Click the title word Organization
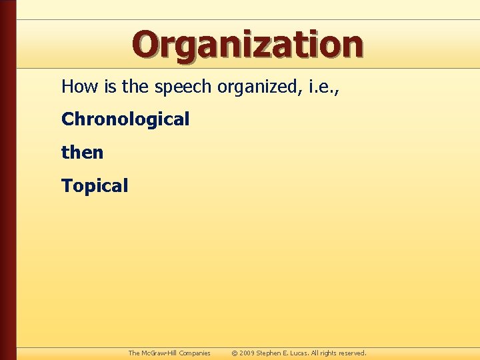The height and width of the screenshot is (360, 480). click(247, 45)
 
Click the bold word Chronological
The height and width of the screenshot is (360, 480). click(125, 119)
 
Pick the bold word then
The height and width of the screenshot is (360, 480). click(82, 153)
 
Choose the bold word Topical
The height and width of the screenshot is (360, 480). click(94, 186)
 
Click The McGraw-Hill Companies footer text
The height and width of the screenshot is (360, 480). click(169, 353)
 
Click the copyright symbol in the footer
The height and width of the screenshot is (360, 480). click(235, 353)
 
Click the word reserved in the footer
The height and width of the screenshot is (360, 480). click(351, 353)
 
